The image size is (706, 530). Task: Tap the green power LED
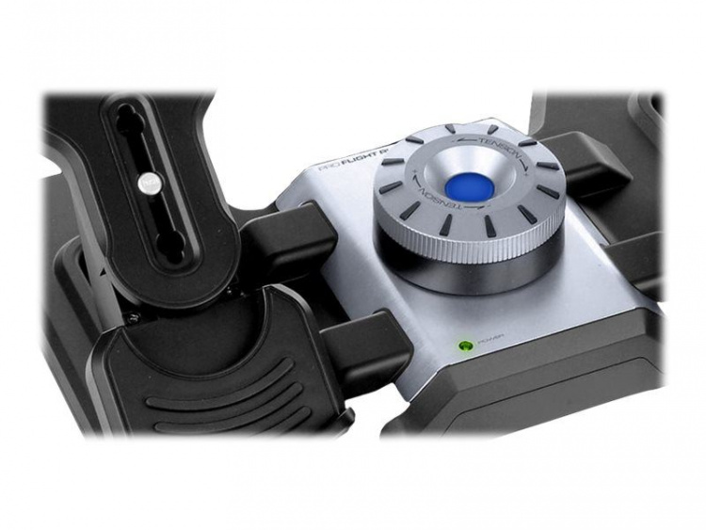463,346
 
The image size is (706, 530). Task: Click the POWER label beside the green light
490,343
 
